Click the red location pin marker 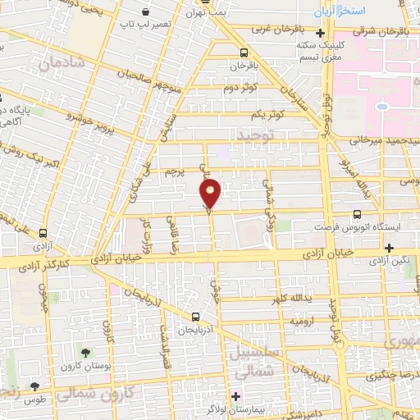[211, 194]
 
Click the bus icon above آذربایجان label [195, 316]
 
